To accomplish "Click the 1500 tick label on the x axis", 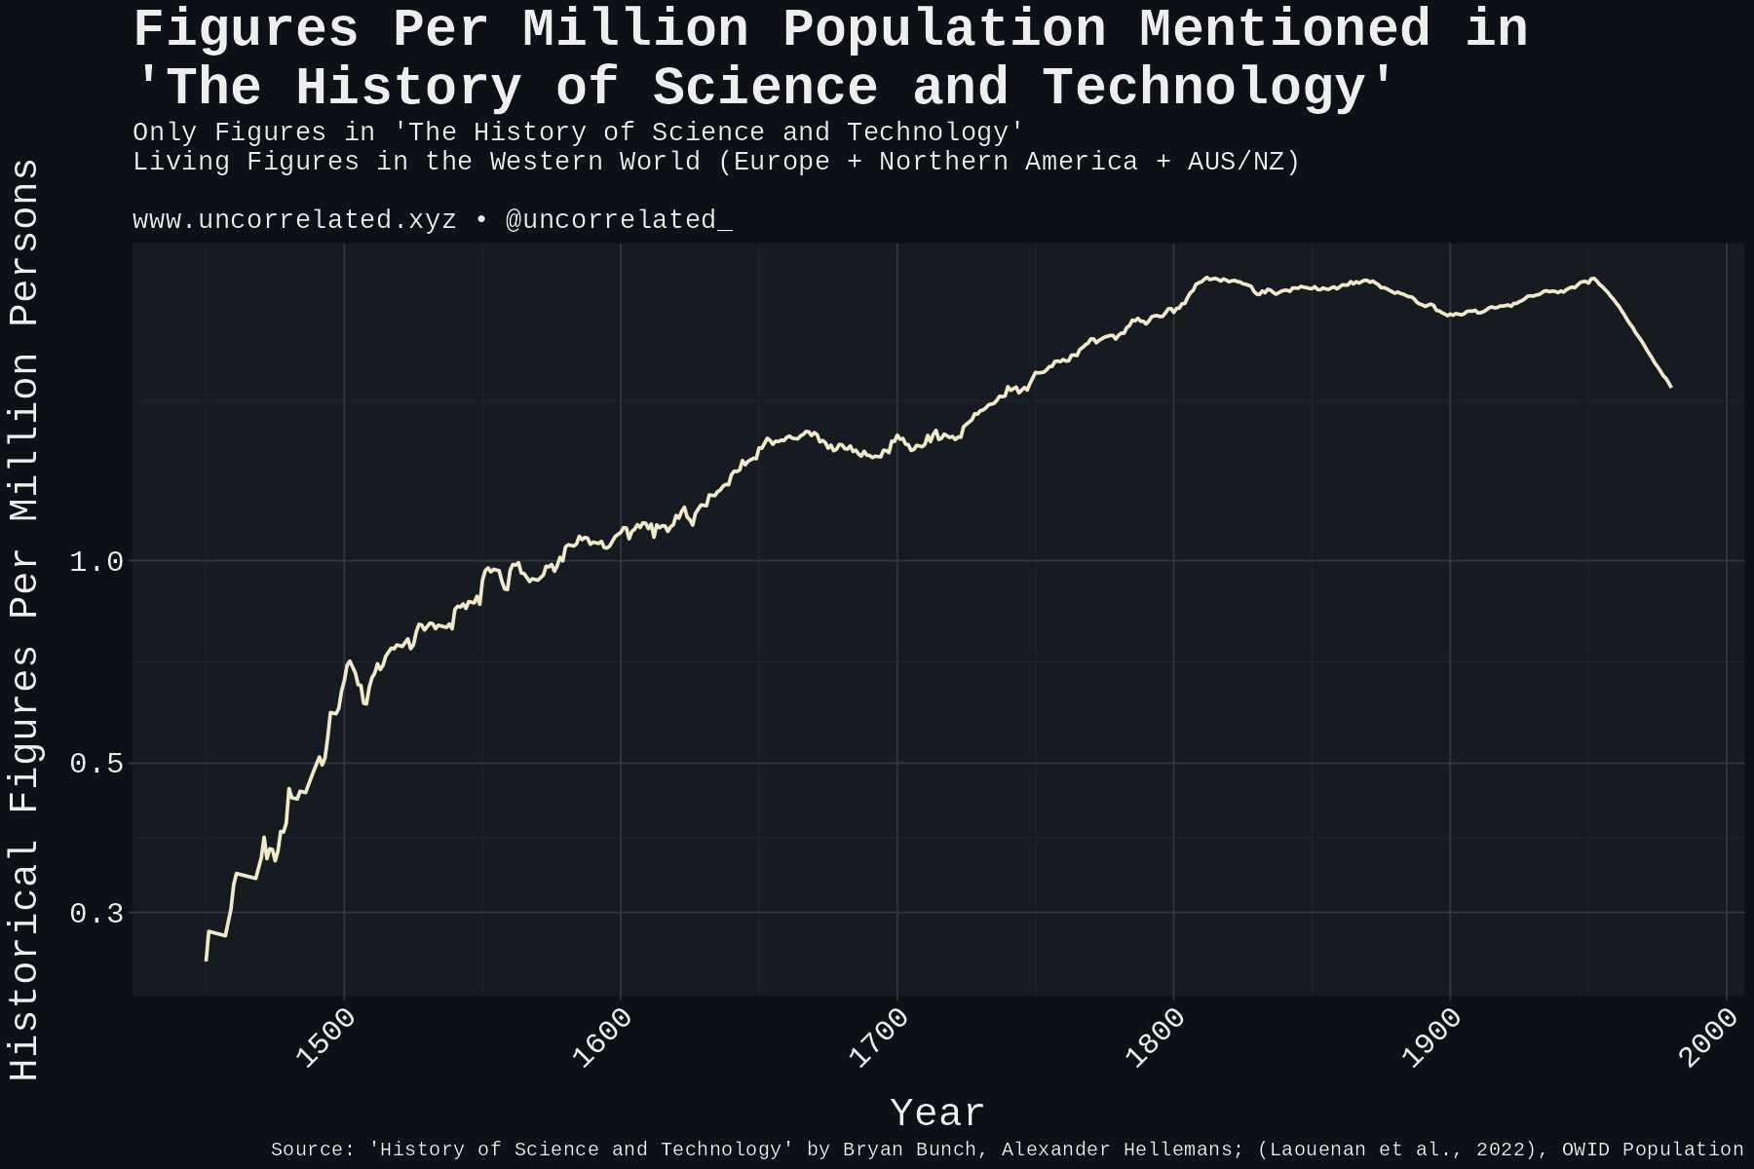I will pyautogui.click(x=325, y=1038).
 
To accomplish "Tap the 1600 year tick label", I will pyautogui.click(x=602, y=1038).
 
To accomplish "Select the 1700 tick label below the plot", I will pyautogui.click(x=879, y=1038).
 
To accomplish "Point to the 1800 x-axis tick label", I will pyautogui.click(x=1156, y=1038).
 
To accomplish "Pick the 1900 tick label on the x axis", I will pyautogui.click(x=1432, y=1038).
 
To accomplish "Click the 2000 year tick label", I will pyautogui.click(x=1709, y=1038).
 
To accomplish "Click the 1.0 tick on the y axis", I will pyautogui.click(x=96, y=562).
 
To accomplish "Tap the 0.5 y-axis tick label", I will pyautogui.click(x=96, y=764).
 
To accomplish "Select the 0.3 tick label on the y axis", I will pyautogui.click(x=96, y=914).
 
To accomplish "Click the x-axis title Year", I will pyautogui.click(x=937, y=1112).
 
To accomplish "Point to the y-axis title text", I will pyautogui.click(x=25, y=620).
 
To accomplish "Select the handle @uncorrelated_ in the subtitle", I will pyautogui.click(x=619, y=220).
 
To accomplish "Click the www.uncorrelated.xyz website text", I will pyautogui.click(x=294, y=220).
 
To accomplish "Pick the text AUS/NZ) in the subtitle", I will pyautogui.click(x=1243, y=162).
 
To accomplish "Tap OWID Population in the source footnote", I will pyautogui.click(x=1653, y=1150).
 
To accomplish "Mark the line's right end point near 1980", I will pyautogui.click(x=1671, y=387).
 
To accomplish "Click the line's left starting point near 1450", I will pyautogui.click(x=206, y=961).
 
